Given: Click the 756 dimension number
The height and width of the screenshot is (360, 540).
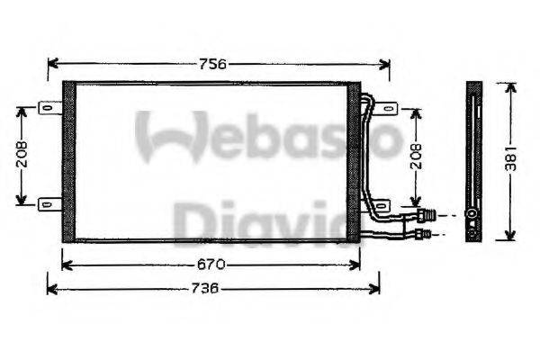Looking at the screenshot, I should click(213, 64).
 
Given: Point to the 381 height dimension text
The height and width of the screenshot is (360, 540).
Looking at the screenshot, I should click(511, 161).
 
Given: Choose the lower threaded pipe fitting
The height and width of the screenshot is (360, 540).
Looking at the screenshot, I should click(424, 235).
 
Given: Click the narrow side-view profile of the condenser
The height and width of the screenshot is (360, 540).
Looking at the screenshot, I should click(473, 161).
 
